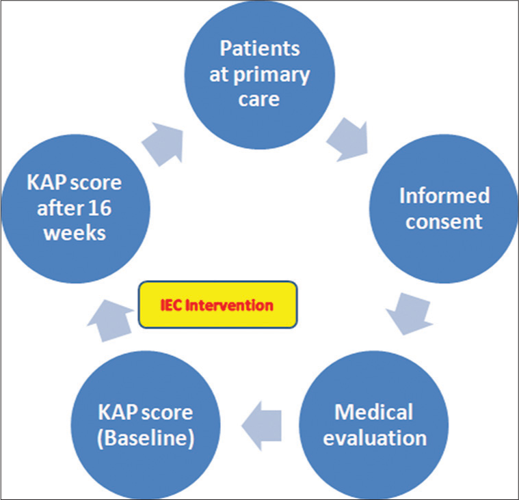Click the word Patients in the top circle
[260, 48]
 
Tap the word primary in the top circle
[271, 76]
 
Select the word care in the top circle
[259, 100]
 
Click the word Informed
[444, 195]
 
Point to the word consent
[444, 221]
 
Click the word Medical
[373, 412]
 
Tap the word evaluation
[375, 438]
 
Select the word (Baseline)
[146, 439]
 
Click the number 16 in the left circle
[101, 208]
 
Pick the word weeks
[75, 234]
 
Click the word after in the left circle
[60, 208]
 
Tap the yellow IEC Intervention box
[218, 305]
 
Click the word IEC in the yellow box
[171, 305]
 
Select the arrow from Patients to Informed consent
[348, 140]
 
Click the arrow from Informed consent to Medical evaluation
[409, 314]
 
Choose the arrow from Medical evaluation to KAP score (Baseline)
[261, 426]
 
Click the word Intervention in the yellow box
[229, 305]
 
